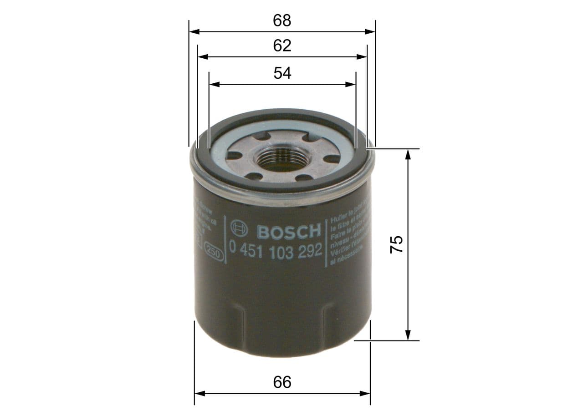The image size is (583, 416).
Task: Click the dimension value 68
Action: pyautogui.click(x=282, y=20)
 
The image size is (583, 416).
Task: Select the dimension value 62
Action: pyautogui.click(x=282, y=46)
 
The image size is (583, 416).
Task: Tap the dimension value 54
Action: pyautogui.click(x=282, y=73)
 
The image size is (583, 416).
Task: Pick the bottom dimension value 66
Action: pyautogui.click(x=282, y=382)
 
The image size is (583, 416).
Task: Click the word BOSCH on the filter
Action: pyautogui.click(x=289, y=231)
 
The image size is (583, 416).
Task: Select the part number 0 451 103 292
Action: pyautogui.click(x=276, y=250)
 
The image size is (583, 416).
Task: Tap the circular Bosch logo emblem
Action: pyautogui.click(x=239, y=229)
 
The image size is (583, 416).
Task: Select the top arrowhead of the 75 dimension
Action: pyautogui.click(x=408, y=154)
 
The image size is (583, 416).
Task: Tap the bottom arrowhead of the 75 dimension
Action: pyautogui.click(x=408, y=335)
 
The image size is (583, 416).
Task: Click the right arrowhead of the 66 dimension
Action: pyautogui.click(x=365, y=393)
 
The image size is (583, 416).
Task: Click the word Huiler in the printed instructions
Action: pyautogui.click(x=338, y=219)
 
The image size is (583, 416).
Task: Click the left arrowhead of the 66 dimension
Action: pyautogui.click(x=199, y=393)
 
